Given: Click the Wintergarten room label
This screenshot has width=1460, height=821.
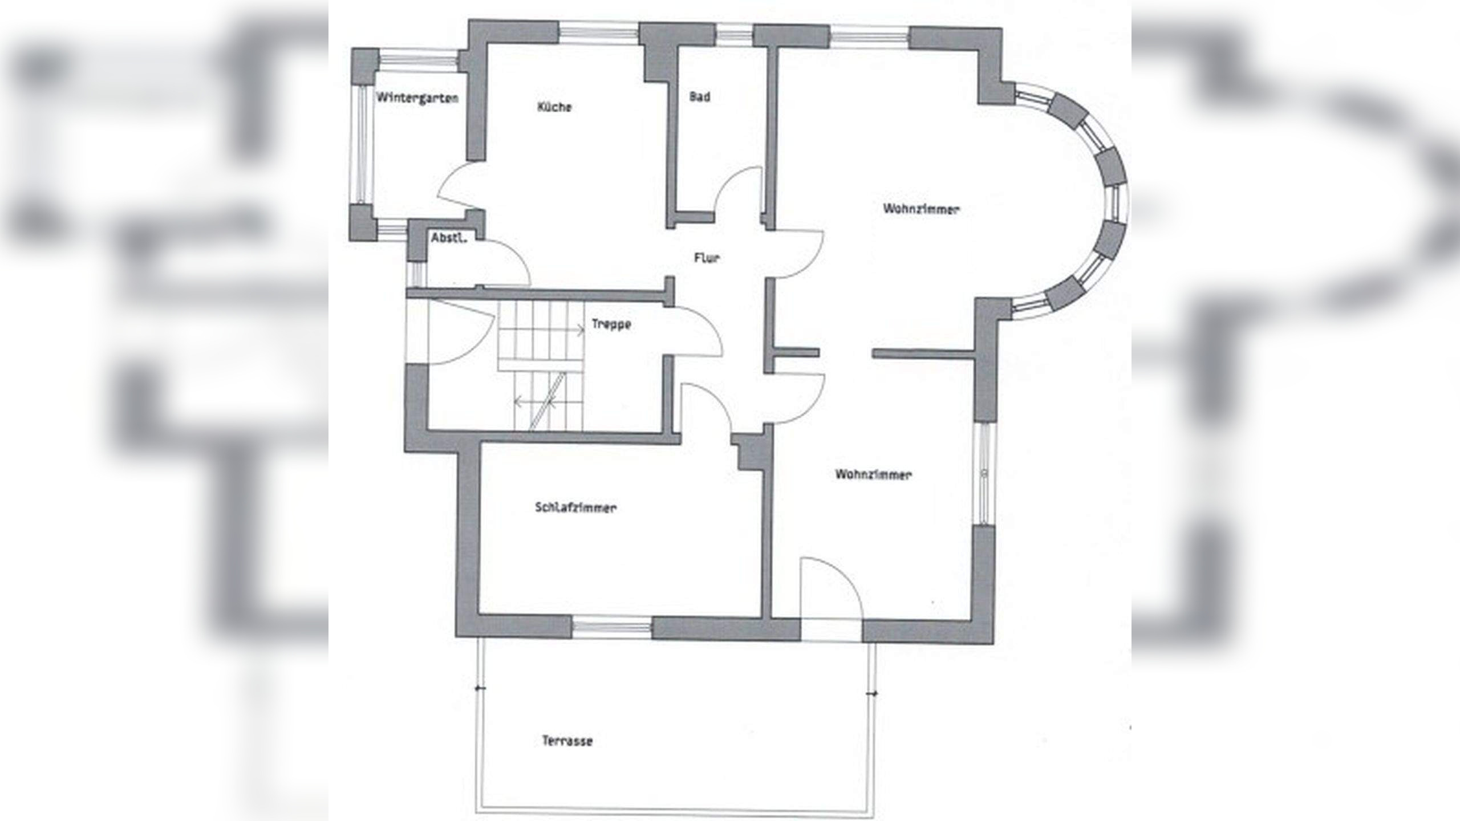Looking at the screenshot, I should click(x=417, y=98).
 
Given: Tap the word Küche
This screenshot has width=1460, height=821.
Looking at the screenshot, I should click(x=554, y=107).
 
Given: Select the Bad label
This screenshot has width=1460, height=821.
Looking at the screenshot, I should click(x=700, y=97).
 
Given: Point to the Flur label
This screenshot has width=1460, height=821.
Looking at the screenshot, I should click(x=707, y=258).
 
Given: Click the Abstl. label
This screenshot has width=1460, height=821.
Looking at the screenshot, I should click(x=449, y=238).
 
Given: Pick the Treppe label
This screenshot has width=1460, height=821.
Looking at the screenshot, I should click(x=611, y=325).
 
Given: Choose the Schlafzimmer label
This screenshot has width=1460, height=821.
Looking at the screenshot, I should click(x=576, y=507).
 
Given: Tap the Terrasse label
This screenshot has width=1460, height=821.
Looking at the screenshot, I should click(x=567, y=741).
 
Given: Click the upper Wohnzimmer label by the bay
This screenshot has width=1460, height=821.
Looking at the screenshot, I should click(x=921, y=209).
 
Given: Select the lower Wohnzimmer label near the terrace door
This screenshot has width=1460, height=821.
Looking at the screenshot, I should click(x=873, y=474).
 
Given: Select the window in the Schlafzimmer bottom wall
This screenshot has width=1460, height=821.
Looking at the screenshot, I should click(x=611, y=628).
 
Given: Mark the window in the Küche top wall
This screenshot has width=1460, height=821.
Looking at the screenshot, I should click(x=598, y=32).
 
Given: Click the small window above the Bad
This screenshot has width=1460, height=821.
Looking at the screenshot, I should click(x=735, y=33).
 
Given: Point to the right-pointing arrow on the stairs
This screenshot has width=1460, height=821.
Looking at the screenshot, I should click(x=580, y=329).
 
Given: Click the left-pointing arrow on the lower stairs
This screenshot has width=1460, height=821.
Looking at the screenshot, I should click(x=518, y=401).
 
